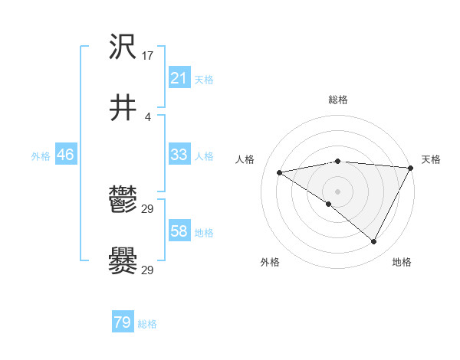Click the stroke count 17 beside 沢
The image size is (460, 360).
click(149, 56)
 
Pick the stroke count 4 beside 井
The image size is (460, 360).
click(148, 116)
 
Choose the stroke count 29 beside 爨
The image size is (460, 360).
click(148, 270)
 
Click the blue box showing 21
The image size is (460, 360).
click(179, 77)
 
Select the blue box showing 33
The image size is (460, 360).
click(179, 155)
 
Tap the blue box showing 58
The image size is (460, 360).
click(179, 231)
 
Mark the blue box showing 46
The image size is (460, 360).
click(65, 155)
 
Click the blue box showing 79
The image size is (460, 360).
click(123, 322)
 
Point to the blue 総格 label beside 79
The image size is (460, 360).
click(147, 324)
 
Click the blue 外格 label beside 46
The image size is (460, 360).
click(41, 156)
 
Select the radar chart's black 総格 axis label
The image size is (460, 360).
click(337, 100)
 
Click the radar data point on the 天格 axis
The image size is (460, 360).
click(412, 168)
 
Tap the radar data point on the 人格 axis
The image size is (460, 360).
click(280, 172)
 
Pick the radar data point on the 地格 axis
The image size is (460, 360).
click(374, 242)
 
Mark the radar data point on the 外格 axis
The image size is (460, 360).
click(329, 205)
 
